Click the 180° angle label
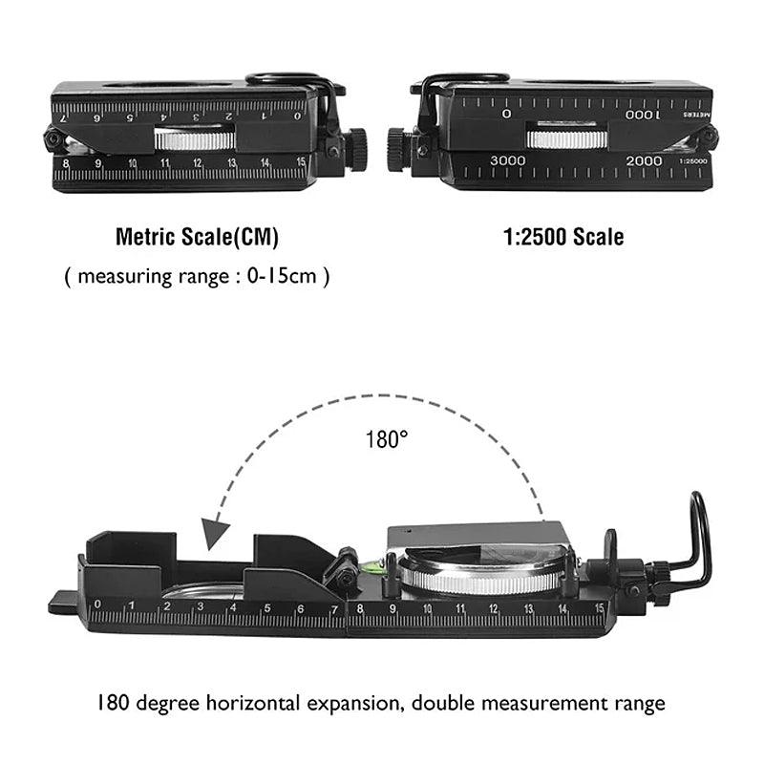coord(387,439)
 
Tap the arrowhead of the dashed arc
coord(216,534)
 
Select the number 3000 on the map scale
coord(508,160)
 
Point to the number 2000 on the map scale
coord(644,160)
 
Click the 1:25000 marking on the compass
coord(693,161)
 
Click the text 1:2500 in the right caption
coord(535,237)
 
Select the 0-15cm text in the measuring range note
coord(282,276)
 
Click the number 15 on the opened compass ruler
coord(600,608)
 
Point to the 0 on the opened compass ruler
coord(97,605)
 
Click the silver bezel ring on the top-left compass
coord(195,140)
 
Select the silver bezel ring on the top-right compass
coord(567,139)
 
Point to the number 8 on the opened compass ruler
coord(360,608)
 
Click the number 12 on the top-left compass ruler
coord(197,163)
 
